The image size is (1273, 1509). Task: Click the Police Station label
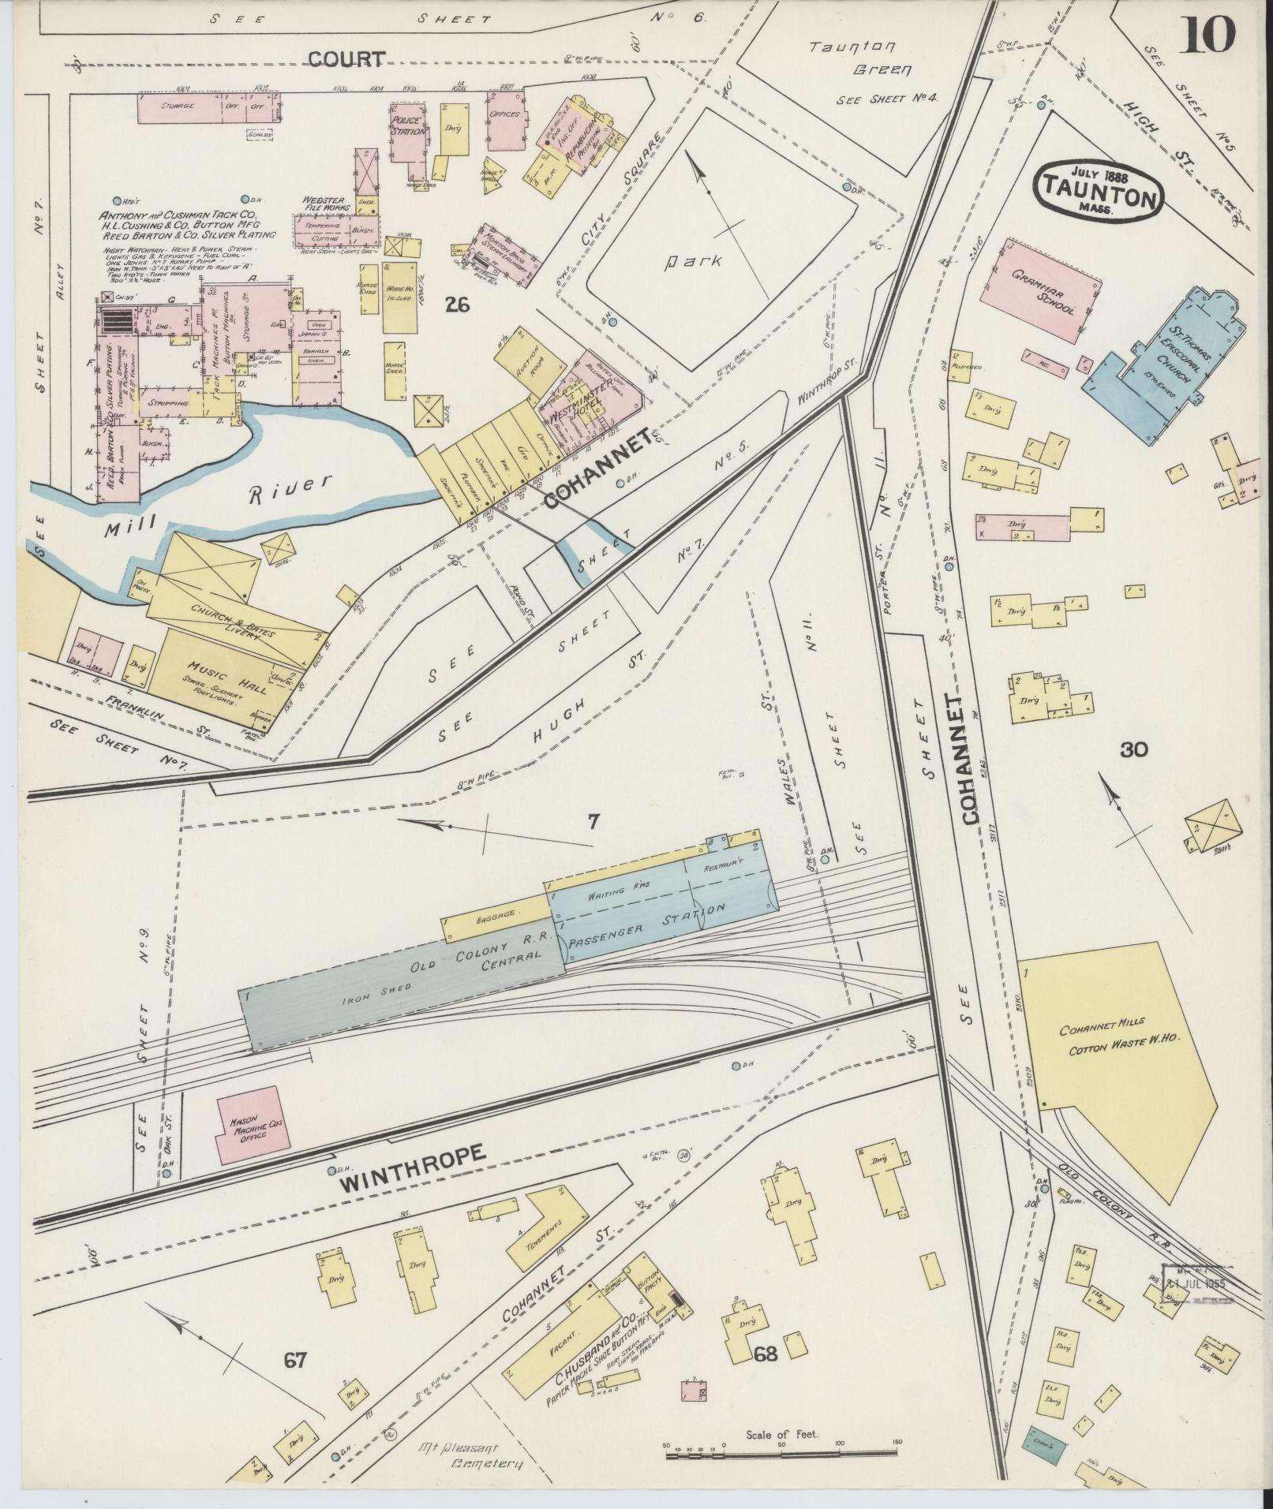click(x=408, y=125)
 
